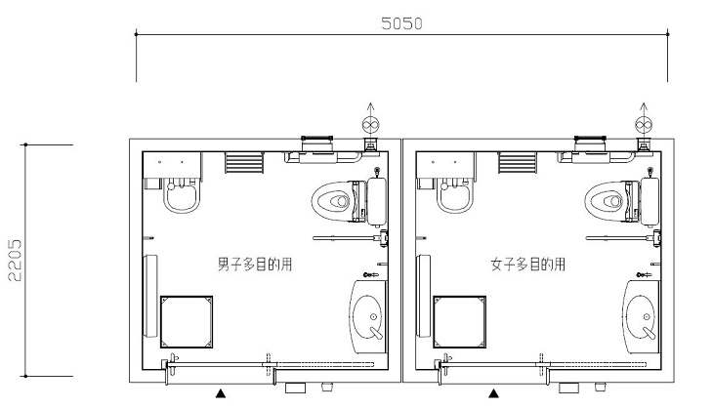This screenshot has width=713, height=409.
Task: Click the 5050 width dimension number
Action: coord(401,23)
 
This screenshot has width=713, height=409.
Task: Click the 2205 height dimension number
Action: coord(15,261)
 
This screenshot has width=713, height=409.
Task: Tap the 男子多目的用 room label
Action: coord(255,264)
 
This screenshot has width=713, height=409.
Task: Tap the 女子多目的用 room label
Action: coord(528,264)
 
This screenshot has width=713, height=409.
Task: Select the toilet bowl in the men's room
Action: coord(332,201)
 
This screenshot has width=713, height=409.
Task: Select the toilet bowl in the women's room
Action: coord(606,201)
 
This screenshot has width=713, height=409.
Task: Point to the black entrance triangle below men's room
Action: coord(221,393)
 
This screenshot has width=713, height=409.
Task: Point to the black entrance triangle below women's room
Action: coord(493,393)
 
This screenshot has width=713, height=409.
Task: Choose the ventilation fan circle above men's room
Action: coord(370,125)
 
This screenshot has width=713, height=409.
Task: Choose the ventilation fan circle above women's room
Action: coord(644,125)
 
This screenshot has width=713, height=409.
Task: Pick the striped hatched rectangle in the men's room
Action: coord(244,163)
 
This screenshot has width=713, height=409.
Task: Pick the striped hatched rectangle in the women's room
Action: coord(518,163)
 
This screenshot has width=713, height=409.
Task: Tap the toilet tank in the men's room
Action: coord(376,202)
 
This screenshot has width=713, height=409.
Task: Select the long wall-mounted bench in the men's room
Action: coord(150,296)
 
